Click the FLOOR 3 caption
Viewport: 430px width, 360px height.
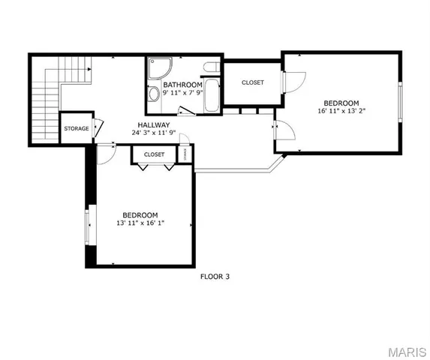pyautogui.click(x=214, y=277)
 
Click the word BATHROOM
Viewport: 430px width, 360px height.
pyautogui.click(x=182, y=85)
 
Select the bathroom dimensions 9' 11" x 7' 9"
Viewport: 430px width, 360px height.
pyautogui.click(x=182, y=93)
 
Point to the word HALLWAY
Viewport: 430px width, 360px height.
pyautogui.click(x=153, y=125)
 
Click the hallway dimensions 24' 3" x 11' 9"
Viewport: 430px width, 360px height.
pyautogui.click(x=153, y=133)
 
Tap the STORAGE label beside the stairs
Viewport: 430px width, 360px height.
pyautogui.click(x=76, y=129)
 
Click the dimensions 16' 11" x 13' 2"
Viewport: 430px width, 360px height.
pyautogui.click(x=341, y=111)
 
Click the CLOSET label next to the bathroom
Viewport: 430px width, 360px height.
pyautogui.click(x=252, y=82)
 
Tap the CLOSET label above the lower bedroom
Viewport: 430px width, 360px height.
pyautogui.click(x=154, y=154)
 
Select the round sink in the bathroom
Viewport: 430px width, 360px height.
pyautogui.click(x=153, y=94)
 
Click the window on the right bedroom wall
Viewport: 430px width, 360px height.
pyautogui.click(x=401, y=102)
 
